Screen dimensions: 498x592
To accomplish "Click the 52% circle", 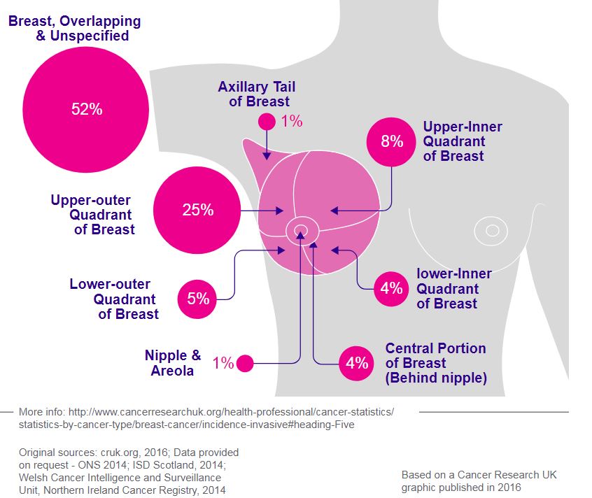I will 86,110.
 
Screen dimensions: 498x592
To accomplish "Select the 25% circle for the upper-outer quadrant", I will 197,210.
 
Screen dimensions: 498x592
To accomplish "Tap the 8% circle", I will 392,141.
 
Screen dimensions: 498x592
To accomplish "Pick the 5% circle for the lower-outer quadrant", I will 198,299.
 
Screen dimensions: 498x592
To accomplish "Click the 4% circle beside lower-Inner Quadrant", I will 392,287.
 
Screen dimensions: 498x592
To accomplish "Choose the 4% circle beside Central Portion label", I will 357,362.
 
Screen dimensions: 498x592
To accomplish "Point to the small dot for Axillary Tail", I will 267,121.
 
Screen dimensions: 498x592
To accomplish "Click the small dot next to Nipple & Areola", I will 244,363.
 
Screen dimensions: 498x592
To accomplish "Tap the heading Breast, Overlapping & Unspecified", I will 75,29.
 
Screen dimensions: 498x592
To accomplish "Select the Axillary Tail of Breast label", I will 256,94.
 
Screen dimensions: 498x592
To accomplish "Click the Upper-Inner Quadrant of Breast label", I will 462,141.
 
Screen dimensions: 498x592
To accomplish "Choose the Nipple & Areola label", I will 173,362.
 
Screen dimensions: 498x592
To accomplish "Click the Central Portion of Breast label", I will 435,363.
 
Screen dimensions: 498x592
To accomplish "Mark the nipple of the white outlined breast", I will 492,229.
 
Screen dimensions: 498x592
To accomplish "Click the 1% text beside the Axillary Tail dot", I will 291,121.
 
